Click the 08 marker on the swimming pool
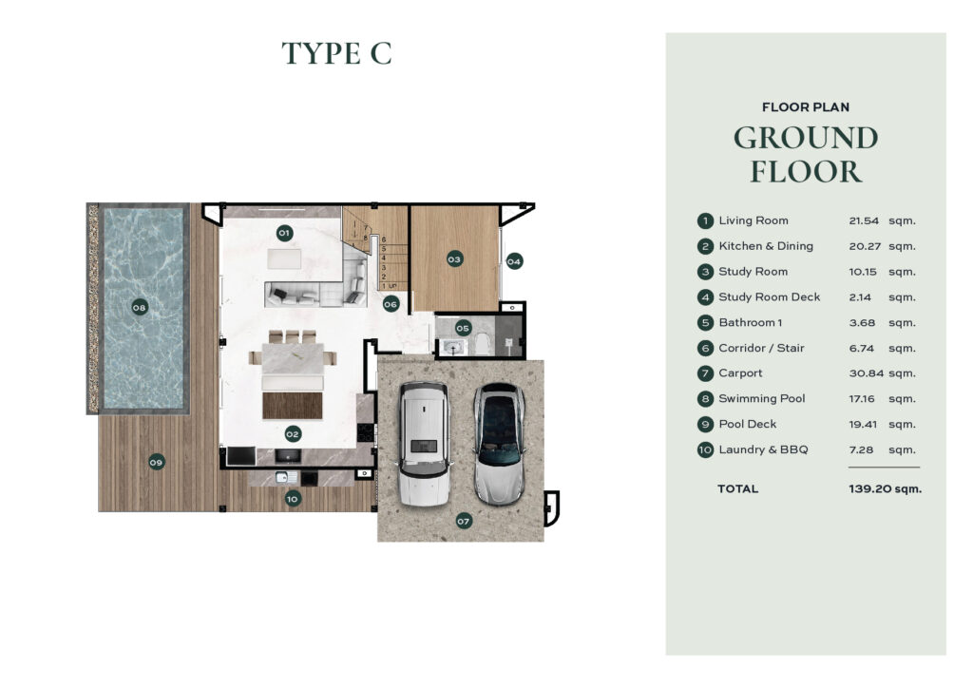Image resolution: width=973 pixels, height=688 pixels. coord(140,307)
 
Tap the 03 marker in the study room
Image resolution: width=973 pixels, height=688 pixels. coord(455,259)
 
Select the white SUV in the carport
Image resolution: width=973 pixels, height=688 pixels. coord(424,444)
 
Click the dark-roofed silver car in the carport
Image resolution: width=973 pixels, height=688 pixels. coord(500,443)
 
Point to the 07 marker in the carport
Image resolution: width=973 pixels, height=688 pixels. coord(464,521)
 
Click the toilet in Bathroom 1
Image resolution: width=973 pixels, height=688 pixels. coord(483,344)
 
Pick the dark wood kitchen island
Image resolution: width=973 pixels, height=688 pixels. coord(293,406)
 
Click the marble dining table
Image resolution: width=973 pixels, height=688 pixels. coord(293,358)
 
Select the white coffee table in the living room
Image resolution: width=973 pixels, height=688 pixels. coord(284,258)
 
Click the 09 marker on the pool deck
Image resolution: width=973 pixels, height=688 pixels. coord(157,462)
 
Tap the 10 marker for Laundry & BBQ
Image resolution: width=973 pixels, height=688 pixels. coord(293,498)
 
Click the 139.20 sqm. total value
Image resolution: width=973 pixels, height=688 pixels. coord(885,488)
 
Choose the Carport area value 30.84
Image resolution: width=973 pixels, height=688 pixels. coord(866,373)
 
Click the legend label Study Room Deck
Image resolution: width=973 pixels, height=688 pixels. coord(770,297)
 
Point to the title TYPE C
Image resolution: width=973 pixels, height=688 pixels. coord(337,53)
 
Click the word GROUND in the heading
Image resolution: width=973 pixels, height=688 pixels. coord(806,138)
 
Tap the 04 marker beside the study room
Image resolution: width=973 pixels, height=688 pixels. coord(514,261)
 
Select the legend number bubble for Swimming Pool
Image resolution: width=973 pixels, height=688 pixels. coord(705,399)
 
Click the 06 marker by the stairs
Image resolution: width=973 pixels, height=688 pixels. coord(391,304)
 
